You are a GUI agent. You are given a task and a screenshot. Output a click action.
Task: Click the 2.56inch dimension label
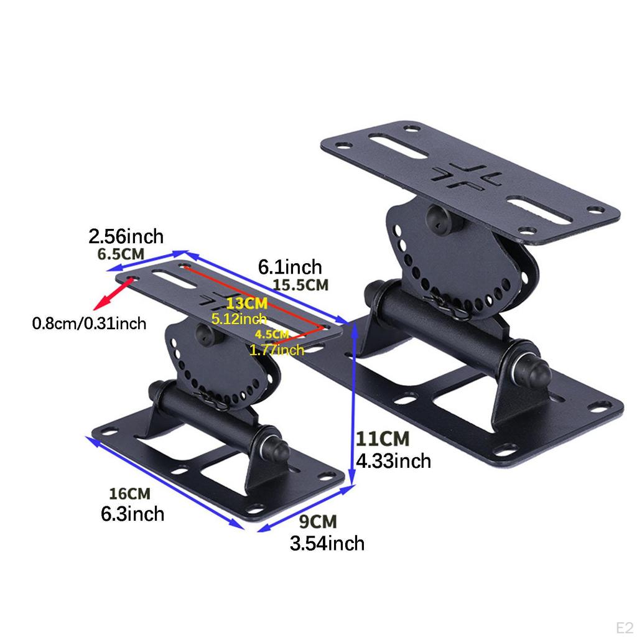click(126, 237)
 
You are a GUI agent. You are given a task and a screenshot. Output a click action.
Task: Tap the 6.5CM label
click(121, 254)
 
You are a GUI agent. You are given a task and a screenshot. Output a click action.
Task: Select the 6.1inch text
click(291, 267)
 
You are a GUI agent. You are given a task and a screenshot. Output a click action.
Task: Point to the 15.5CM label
click(300, 286)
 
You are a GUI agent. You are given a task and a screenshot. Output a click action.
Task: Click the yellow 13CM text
click(247, 304)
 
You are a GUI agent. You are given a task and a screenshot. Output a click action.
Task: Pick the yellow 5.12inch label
click(239, 319)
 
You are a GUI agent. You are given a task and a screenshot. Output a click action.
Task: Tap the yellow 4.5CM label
click(272, 334)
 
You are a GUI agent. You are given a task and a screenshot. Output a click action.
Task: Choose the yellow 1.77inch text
click(277, 350)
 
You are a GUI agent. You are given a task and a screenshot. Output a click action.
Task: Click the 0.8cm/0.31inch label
click(89, 323)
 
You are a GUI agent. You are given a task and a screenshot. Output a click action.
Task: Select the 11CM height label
click(383, 439)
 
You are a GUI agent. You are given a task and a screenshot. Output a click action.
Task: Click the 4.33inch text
click(393, 461)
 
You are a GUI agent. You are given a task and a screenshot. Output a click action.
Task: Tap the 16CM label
click(130, 494)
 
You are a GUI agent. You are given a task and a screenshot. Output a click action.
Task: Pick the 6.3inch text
click(133, 514)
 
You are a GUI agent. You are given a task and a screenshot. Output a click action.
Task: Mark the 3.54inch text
click(327, 543)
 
